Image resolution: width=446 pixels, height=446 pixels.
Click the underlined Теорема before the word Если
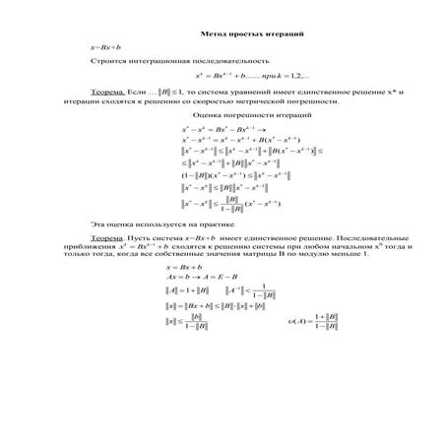tap(105, 91)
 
